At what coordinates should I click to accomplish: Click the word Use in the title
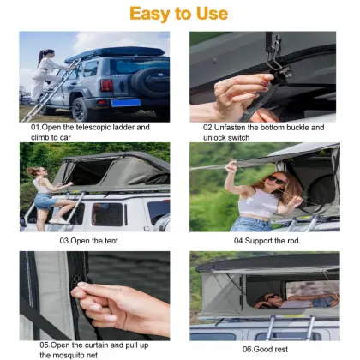[x=211, y=13]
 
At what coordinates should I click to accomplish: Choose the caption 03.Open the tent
[x=93, y=241]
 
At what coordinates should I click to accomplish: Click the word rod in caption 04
[x=289, y=241]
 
